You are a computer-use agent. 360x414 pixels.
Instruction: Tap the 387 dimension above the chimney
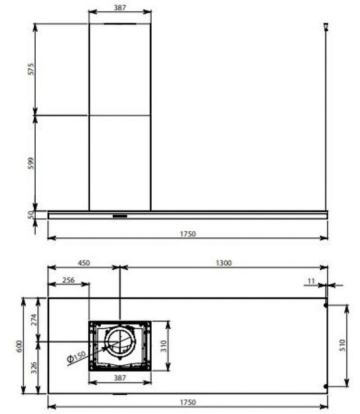click(x=120, y=7)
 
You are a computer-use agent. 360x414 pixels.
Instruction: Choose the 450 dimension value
click(x=84, y=263)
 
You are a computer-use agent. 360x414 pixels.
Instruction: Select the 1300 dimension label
click(x=223, y=263)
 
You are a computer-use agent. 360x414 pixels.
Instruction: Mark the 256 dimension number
click(x=68, y=280)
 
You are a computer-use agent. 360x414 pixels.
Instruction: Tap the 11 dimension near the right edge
click(x=311, y=281)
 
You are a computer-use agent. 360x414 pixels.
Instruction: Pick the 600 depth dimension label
click(x=20, y=346)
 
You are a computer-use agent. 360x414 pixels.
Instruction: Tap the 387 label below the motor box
click(x=120, y=377)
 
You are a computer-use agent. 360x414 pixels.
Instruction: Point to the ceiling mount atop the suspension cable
click(x=325, y=26)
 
